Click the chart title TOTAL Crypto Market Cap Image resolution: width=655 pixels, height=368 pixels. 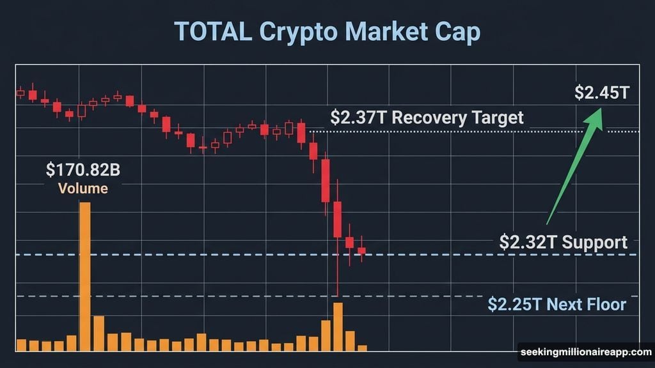327,33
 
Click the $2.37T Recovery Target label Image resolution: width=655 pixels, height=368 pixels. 427,118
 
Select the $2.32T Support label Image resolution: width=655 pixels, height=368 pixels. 563,243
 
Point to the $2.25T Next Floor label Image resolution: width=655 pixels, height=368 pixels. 556,304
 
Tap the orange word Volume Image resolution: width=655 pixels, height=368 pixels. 83,189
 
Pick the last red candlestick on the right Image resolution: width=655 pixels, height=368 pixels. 362,251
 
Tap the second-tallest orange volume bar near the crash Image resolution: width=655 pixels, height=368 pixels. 338,326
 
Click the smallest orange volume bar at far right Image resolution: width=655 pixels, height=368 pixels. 363,348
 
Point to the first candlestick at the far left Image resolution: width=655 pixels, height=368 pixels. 20,93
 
